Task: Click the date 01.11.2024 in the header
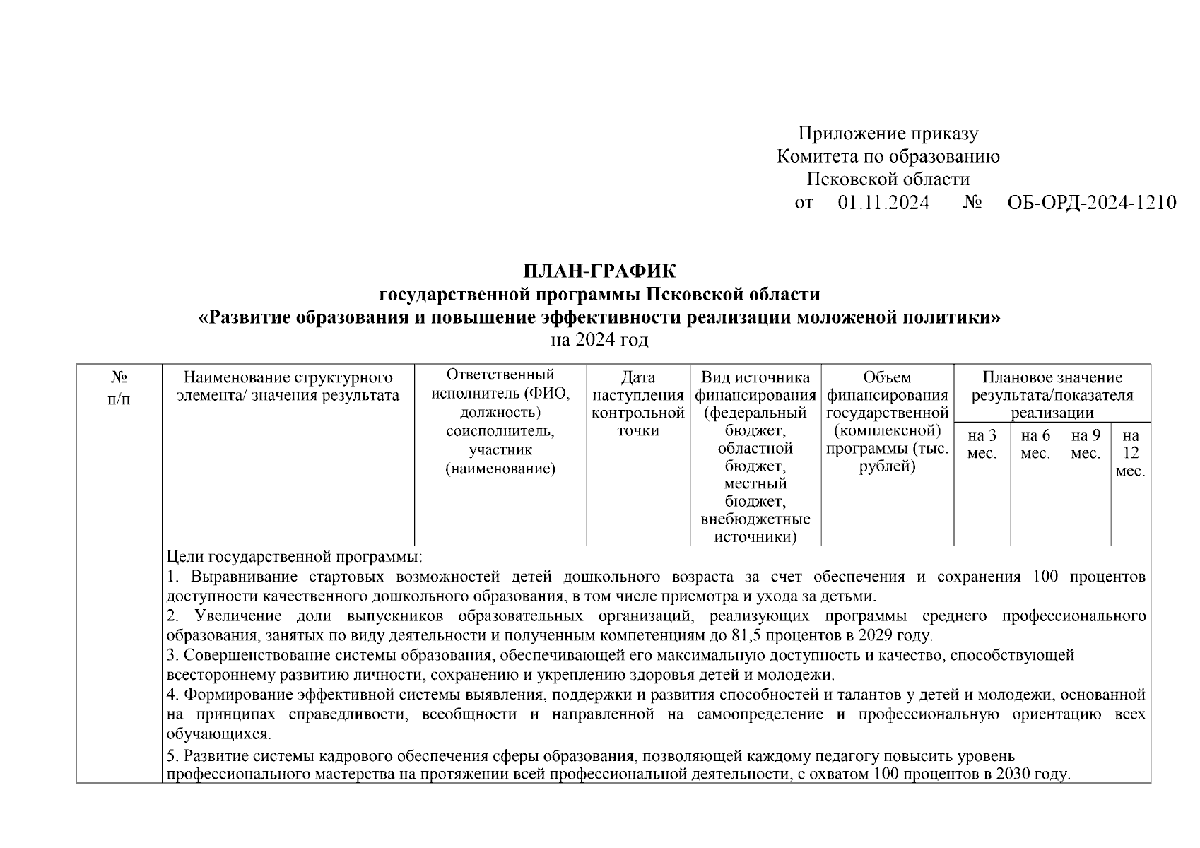[883, 203]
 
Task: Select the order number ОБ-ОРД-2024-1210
[1091, 203]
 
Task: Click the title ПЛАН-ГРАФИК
[599, 271]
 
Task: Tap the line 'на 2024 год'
[599, 340]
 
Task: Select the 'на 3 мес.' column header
[982, 444]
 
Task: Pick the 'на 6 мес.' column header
[1035, 444]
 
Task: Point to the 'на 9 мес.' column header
[1086, 444]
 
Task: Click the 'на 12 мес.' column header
[1131, 453]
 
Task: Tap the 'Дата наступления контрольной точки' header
[638, 404]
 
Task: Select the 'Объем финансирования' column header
[887, 421]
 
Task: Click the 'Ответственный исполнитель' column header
[500, 421]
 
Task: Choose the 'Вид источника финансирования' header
[755, 457]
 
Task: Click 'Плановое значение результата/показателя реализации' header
[1052, 394]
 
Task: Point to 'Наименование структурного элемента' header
[288, 386]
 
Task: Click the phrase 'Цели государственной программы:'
[294, 557]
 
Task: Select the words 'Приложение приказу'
[888, 134]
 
